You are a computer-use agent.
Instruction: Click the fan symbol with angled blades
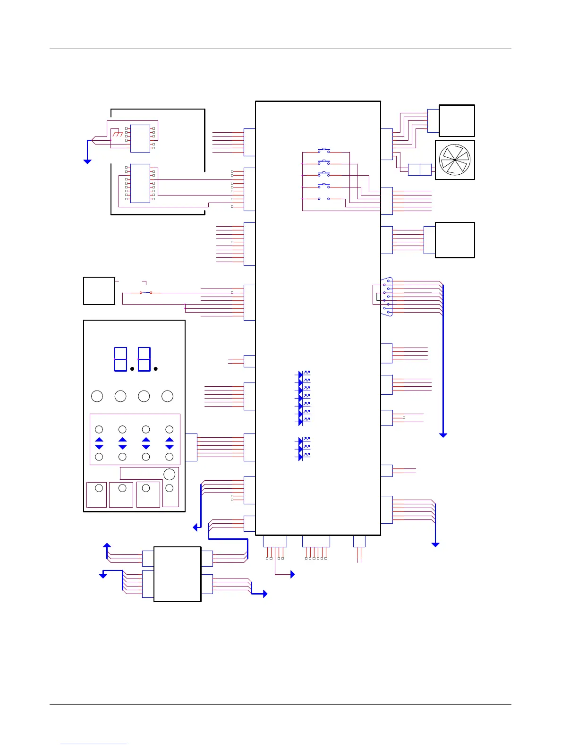click(x=454, y=160)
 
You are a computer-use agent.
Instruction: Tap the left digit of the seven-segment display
click(x=120, y=359)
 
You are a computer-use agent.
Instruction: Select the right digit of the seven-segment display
click(x=144, y=359)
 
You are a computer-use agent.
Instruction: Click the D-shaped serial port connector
click(x=387, y=297)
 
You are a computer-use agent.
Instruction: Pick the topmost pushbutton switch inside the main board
click(x=324, y=151)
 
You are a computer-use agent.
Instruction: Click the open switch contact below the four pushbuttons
click(x=324, y=199)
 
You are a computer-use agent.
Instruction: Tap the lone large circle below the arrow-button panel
click(x=169, y=474)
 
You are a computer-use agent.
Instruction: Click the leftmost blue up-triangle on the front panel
click(x=99, y=440)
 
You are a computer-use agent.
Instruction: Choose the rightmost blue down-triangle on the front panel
click(x=170, y=447)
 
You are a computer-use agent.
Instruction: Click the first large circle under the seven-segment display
click(x=97, y=396)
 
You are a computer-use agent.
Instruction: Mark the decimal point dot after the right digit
click(x=155, y=369)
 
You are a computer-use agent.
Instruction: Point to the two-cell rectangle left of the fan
click(x=419, y=170)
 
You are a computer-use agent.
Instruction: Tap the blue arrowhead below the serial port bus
click(x=443, y=435)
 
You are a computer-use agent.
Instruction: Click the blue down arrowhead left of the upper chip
click(x=87, y=161)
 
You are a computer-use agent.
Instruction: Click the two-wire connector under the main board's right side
click(x=359, y=541)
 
